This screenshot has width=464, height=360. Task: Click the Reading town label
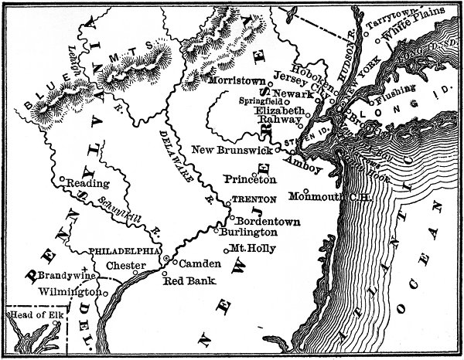(84, 183)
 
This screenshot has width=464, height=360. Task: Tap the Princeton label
(250, 179)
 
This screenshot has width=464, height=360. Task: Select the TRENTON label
(249, 199)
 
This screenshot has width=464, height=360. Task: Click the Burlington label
(248, 232)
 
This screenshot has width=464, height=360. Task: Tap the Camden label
(200, 263)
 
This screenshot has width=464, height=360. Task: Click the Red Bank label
(183, 282)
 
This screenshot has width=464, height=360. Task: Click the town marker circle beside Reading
(62, 180)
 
